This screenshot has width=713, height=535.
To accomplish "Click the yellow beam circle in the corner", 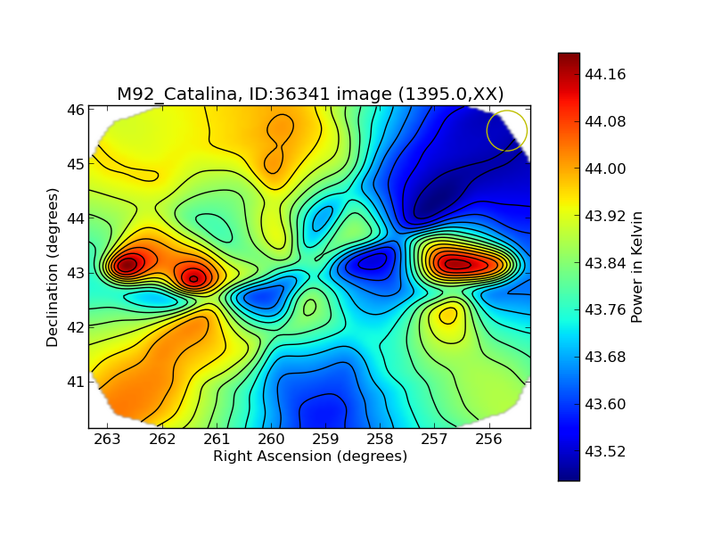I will (507, 130).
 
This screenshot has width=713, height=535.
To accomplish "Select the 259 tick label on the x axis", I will (325, 439).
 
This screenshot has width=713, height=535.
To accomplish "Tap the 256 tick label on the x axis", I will (489, 439).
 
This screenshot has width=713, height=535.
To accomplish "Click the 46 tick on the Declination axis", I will (75, 110).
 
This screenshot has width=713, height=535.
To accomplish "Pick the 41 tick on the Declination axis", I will (75, 382).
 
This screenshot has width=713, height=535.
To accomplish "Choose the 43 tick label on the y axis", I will (75, 273).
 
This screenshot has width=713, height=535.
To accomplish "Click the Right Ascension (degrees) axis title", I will (309, 457).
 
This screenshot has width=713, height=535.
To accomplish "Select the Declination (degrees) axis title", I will (53, 267).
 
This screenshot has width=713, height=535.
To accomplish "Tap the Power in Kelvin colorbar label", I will (636, 267).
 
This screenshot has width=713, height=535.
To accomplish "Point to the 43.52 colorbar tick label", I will (603, 451).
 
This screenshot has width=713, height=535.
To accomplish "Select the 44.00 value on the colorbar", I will (603, 169).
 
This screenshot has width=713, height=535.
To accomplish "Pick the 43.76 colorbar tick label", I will (603, 309).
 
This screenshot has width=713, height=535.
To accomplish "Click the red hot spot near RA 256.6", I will (457, 264).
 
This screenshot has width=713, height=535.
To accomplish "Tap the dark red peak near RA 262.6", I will (127, 265).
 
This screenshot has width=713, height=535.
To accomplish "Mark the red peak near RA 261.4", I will (193, 278).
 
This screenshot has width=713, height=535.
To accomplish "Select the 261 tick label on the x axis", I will (217, 439).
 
